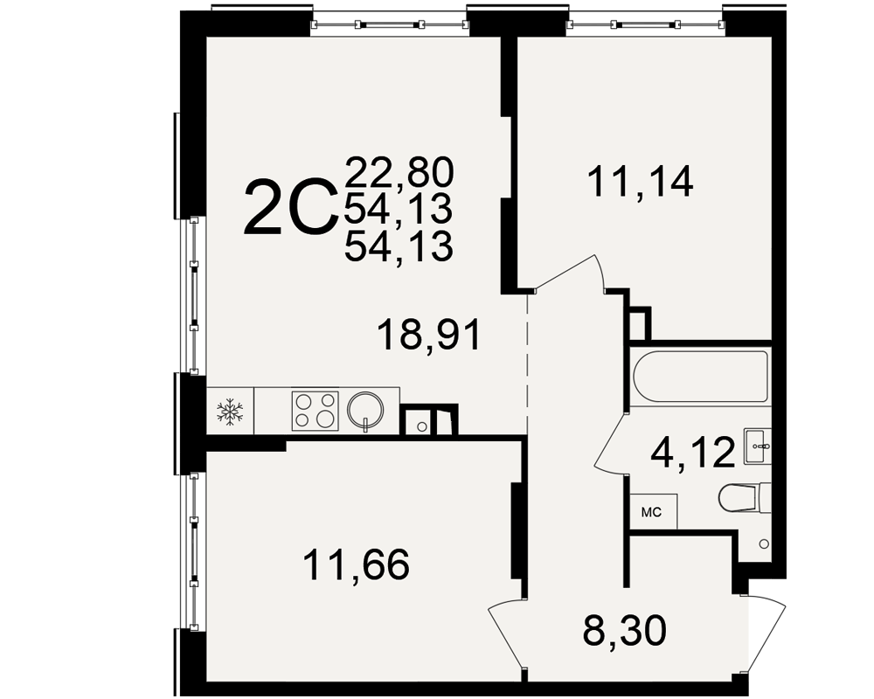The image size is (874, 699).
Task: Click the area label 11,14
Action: pos(641,182)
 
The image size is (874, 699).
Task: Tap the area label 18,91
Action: pos(428,335)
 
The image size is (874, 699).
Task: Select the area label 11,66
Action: pos(356,564)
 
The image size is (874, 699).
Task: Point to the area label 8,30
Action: pos(624,631)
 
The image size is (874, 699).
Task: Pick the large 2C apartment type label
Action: pos(291,206)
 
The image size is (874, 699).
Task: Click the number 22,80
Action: pos(399,171)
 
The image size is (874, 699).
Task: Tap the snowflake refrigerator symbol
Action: pos(230,412)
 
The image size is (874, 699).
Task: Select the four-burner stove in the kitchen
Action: pos(315,411)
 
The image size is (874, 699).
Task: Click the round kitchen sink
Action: pos(365,410)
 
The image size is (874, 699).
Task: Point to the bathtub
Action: pos(701,377)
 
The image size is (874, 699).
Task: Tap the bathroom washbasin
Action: pos(757,446)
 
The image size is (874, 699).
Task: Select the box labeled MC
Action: pos(654,512)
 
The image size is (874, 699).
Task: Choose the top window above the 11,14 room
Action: pos(645,24)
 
